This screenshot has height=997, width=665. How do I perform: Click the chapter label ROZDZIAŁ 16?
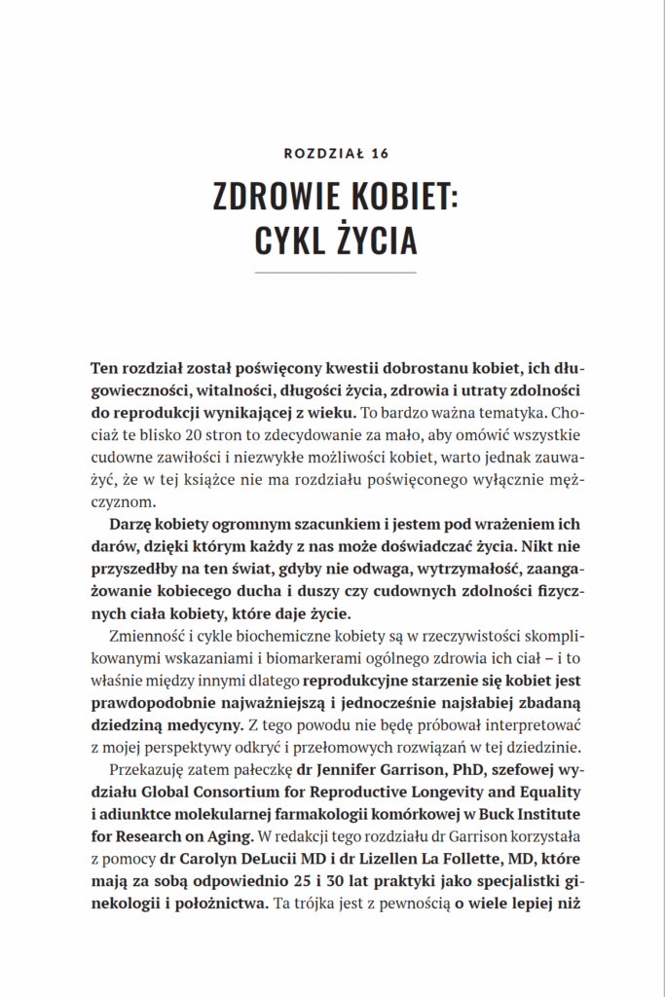pos(335,153)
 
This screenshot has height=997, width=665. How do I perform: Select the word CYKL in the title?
pos(287,240)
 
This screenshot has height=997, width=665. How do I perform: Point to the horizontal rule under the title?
pos(335,273)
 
